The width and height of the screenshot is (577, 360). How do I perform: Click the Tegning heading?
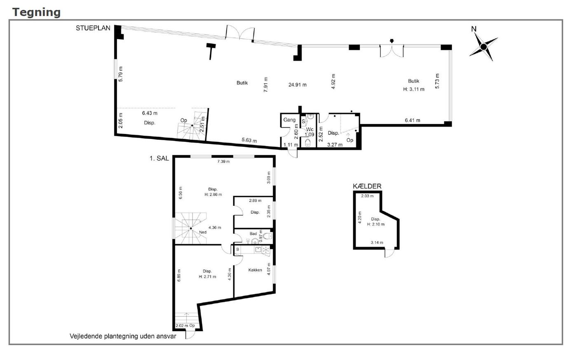[36, 12]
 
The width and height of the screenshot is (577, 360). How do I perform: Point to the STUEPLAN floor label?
[93, 28]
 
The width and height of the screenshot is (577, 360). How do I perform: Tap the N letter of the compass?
[474, 29]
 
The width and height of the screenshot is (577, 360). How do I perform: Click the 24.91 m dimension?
[298, 85]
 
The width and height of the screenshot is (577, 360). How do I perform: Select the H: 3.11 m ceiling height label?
[414, 89]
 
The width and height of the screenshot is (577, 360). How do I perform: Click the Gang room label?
[289, 120]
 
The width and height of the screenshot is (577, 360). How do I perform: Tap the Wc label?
[310, 129]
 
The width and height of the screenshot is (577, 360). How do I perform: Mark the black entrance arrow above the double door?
[392, 41]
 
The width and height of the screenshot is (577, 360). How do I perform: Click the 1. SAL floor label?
[159, 158]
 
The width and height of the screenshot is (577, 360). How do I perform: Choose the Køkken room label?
[255, 270]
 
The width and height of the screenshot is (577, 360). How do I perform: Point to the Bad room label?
[253, 234]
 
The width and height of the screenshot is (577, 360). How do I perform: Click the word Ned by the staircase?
[203, 232]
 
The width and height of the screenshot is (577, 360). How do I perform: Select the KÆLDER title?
[367, 186]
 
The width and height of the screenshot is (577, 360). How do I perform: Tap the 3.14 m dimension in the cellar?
[377, 242]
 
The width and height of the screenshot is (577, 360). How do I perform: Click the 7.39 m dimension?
[223, 162]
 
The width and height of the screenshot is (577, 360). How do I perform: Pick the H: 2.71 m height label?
[207, 277]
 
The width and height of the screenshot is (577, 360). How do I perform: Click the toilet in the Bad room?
[268, 236]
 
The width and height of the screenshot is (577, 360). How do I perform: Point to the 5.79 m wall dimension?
[120, 74]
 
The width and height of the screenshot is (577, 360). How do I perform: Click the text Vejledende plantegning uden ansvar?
[123, 336]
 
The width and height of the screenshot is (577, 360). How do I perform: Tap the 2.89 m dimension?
[255, 200]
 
